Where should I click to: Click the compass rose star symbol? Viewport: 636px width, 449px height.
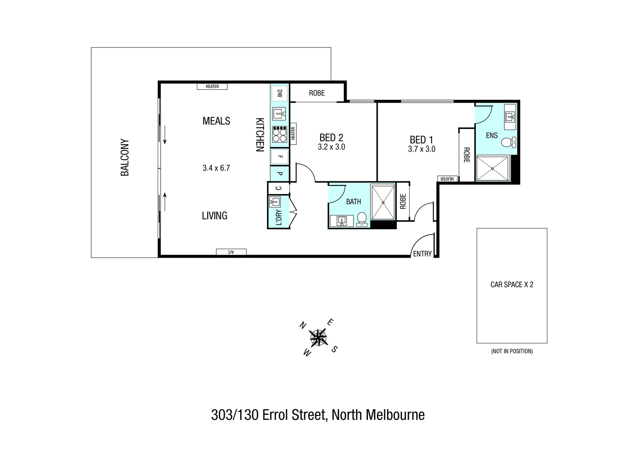(x=318, y=337)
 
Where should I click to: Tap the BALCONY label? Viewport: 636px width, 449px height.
(x=125, y=158)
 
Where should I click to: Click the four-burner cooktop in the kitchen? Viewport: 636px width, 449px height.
(x=280, y=134)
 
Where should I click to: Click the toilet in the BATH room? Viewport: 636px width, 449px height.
(x=362, y=219)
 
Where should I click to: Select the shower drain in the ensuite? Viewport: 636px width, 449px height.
(x=493, y=168)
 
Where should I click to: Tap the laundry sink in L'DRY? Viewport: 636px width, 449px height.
(x=275, y=202)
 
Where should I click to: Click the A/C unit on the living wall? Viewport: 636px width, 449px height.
(x=231, y=252)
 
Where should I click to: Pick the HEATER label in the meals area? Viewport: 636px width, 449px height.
(x=212, y=86)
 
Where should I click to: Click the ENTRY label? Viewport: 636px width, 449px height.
(x=422, y=254)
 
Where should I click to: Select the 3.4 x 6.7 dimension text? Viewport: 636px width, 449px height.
(x=216, y=168)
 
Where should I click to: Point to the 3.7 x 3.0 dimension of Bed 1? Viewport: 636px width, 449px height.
(x=422, y=149)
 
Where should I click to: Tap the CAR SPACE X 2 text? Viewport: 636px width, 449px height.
(x=512, y=285)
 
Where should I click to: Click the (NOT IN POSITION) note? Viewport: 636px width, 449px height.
(x=512, y=351)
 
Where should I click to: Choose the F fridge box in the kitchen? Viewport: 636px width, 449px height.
(x=280, y=157)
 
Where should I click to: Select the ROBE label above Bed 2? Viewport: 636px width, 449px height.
(x=317, y=93)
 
